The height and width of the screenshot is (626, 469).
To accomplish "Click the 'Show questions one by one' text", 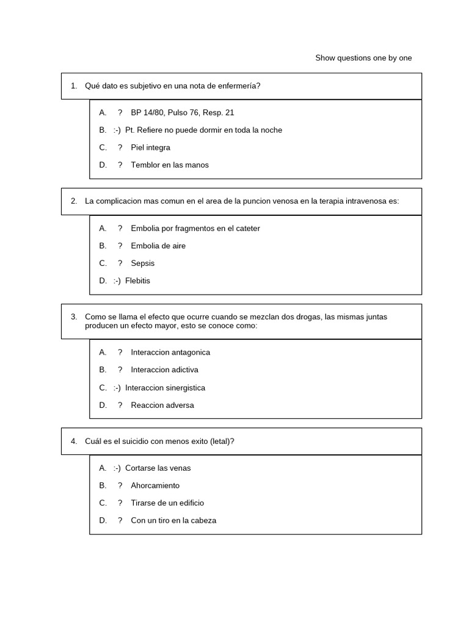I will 363,58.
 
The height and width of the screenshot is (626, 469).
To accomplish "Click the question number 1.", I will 73,86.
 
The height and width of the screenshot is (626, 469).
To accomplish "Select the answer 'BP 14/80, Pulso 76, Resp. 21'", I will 182,112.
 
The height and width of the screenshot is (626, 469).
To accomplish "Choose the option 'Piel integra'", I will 150,147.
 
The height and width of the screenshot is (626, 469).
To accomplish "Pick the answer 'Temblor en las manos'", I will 169,165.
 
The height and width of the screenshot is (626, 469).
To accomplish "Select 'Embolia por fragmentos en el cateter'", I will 195,229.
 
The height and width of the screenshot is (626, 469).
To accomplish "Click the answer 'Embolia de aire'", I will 158,246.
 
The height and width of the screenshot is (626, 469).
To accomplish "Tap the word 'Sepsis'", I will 142,263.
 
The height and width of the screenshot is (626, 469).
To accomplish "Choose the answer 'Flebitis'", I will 137,281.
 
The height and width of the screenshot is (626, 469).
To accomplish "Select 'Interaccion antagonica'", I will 170,353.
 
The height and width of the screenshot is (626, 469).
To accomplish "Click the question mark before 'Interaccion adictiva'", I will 120,370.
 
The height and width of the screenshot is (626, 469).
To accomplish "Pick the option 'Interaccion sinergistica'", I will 165,388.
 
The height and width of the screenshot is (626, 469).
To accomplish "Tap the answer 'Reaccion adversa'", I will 162,405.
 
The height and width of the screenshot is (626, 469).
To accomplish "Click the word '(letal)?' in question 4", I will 221,441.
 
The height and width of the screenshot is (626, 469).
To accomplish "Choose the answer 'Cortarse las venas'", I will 158,468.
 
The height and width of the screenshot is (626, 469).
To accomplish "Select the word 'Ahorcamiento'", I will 155,485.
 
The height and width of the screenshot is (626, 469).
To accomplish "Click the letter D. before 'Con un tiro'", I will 103,521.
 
